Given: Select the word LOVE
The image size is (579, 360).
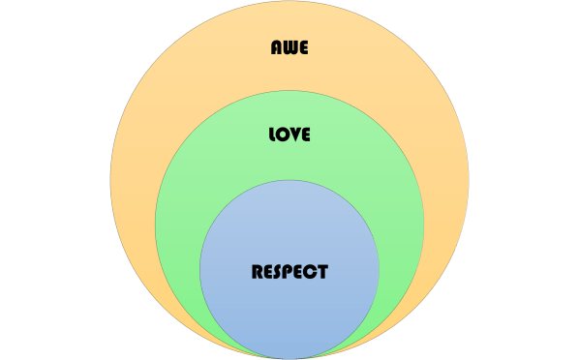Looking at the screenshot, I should (289, 135).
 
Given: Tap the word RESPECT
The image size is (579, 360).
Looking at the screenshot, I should (289, 271).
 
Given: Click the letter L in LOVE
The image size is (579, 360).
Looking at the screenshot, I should (272, 135).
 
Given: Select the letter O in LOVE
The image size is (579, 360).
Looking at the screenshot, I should (283, 135).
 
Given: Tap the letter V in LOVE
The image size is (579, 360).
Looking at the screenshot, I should (294, 135).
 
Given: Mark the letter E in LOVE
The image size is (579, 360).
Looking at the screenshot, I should (305, 135).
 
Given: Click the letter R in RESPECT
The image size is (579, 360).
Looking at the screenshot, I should (258, 271).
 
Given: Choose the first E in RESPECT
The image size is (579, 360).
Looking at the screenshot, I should (268, 271).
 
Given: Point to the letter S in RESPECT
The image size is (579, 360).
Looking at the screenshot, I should (279, 271).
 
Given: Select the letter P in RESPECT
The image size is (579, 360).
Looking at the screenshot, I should (289, 271).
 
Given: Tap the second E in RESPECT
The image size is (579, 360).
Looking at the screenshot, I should (300, 271).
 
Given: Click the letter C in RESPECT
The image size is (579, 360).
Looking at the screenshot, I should (311, 271).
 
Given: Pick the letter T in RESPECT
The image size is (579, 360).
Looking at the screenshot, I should (321, 271).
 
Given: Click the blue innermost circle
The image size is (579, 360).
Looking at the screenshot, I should (289, 310).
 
